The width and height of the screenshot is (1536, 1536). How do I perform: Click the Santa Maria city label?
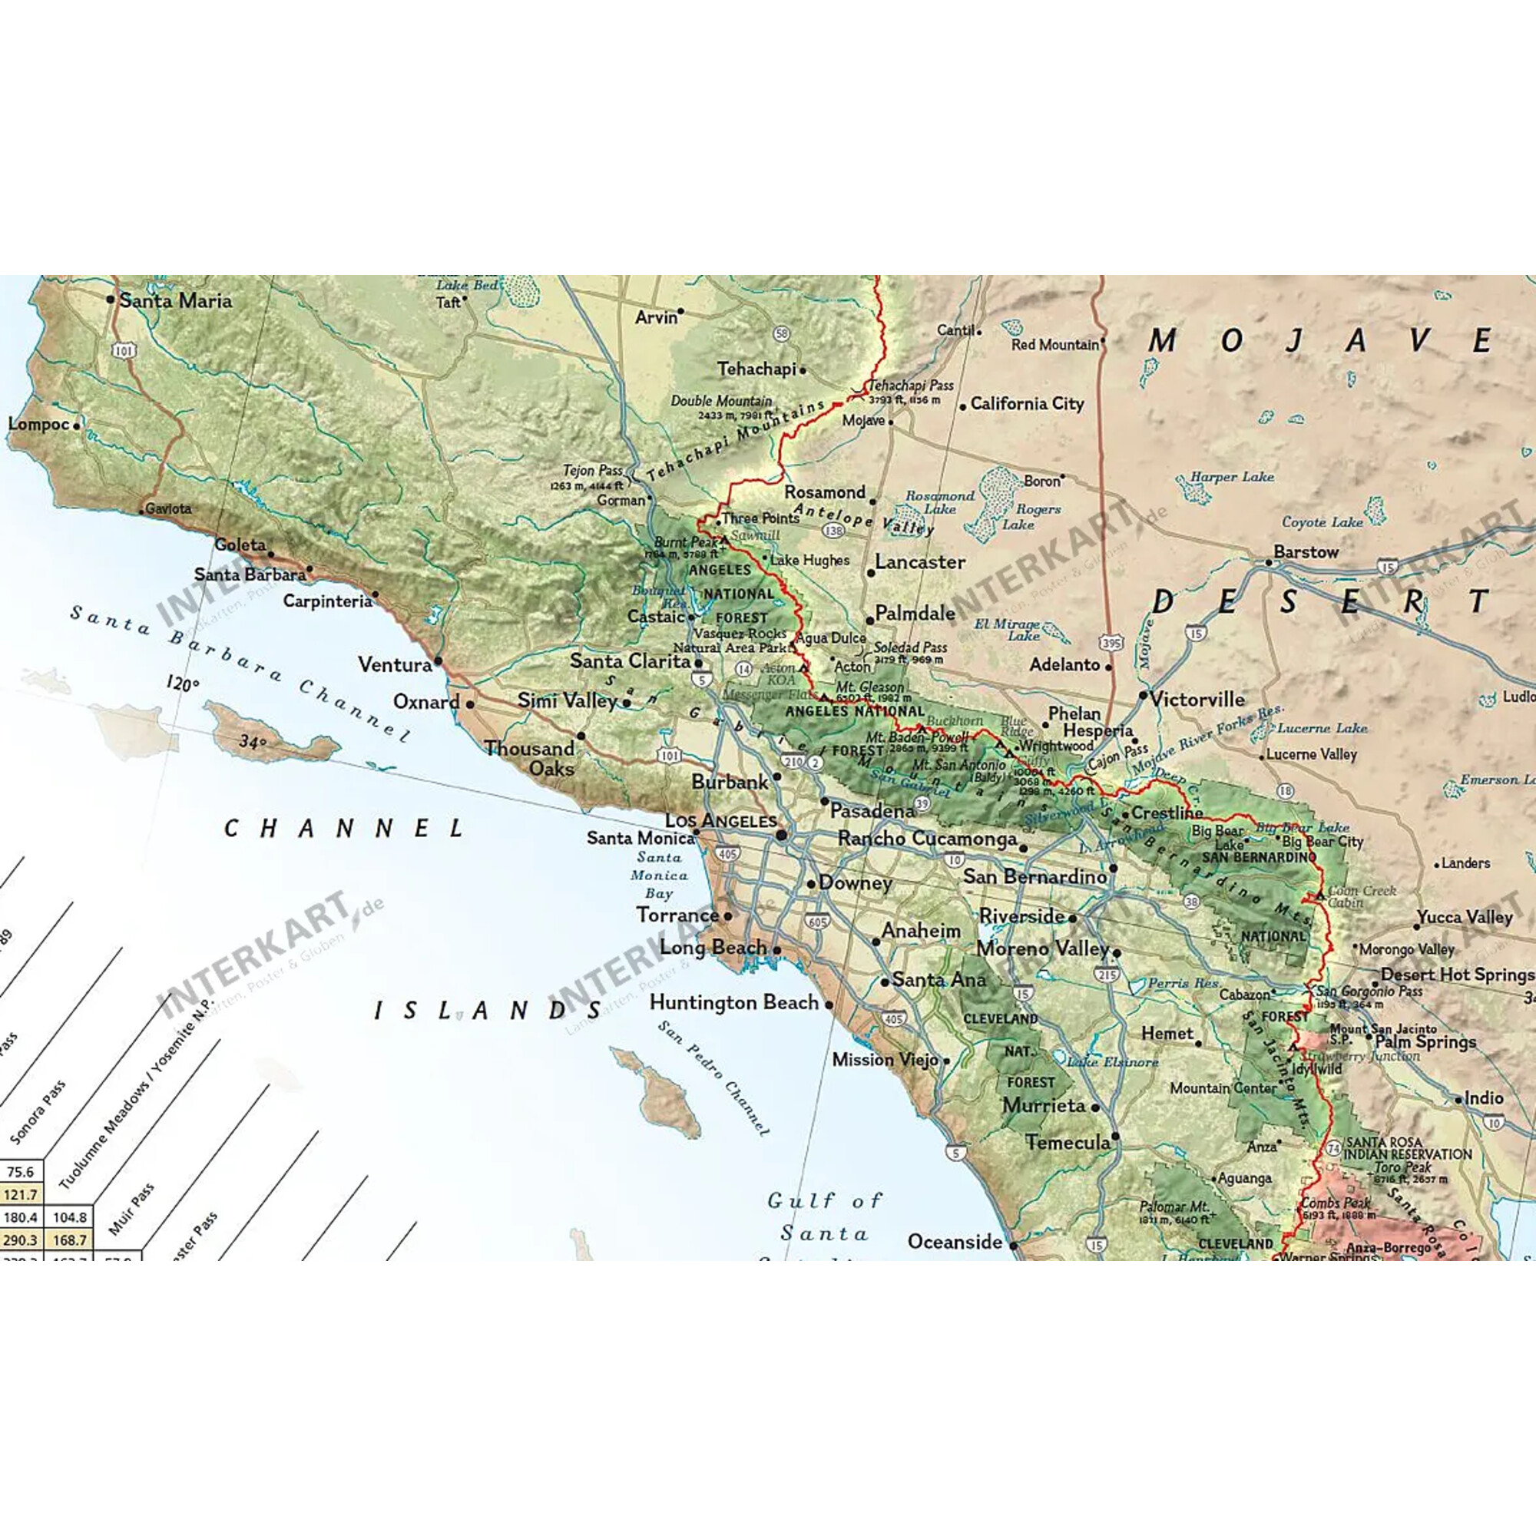coord(176,300)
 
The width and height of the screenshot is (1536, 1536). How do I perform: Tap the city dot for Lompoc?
coord(76,425)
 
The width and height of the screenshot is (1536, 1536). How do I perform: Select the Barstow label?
coord(1306,551)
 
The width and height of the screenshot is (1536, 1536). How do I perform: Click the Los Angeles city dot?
coord(782,835)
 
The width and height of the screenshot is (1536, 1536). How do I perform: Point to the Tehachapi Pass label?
coord(909,386)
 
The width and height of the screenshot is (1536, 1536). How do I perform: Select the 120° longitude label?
coord(182,684)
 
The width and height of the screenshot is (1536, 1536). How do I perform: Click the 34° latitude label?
coord(253,742)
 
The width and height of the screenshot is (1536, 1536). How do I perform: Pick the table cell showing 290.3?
coord(21,1240)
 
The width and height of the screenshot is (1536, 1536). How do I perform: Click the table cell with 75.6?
coord(21,1172)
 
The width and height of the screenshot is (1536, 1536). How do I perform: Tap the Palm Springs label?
coord(1425,1041)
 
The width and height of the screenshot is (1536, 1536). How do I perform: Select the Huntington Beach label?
coord(733,1003)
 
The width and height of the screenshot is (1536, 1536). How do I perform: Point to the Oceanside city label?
coord(955,1242)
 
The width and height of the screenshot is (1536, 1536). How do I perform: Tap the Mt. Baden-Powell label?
coord(918,737)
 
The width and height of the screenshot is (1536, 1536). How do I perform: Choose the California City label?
coord(1027,404)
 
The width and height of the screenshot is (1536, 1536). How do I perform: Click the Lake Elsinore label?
coord(1112,1062)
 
